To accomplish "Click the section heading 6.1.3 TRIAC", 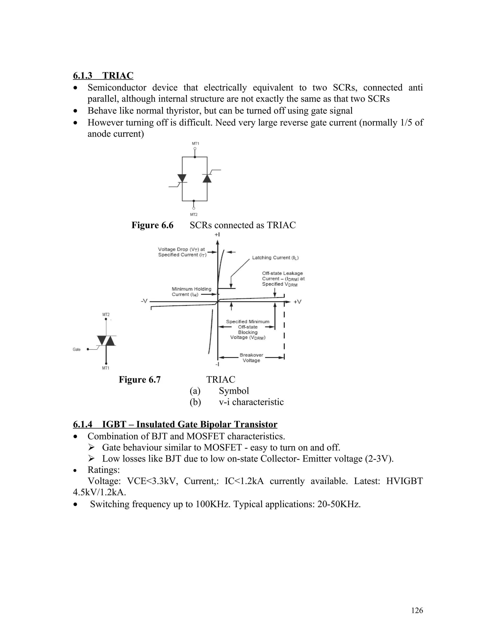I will (103, 76).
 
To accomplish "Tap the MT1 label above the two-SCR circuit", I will (195, 143).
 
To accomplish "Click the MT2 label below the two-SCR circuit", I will (194, 215).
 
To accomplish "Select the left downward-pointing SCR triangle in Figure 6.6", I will (182, 178).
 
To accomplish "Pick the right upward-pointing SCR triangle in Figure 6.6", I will (207, 178).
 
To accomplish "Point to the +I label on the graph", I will (217, 235).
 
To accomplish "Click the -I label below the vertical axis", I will (217, 364).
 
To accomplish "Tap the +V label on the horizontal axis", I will (297, 302).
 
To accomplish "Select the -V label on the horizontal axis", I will (144, 301).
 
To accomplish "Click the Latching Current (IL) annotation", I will (275, 258).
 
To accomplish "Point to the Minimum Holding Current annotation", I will (191, 292).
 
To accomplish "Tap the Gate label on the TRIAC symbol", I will (77, 350).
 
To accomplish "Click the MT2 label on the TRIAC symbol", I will (106, 314).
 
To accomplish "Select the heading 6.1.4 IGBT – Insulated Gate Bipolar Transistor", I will (175, 424).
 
